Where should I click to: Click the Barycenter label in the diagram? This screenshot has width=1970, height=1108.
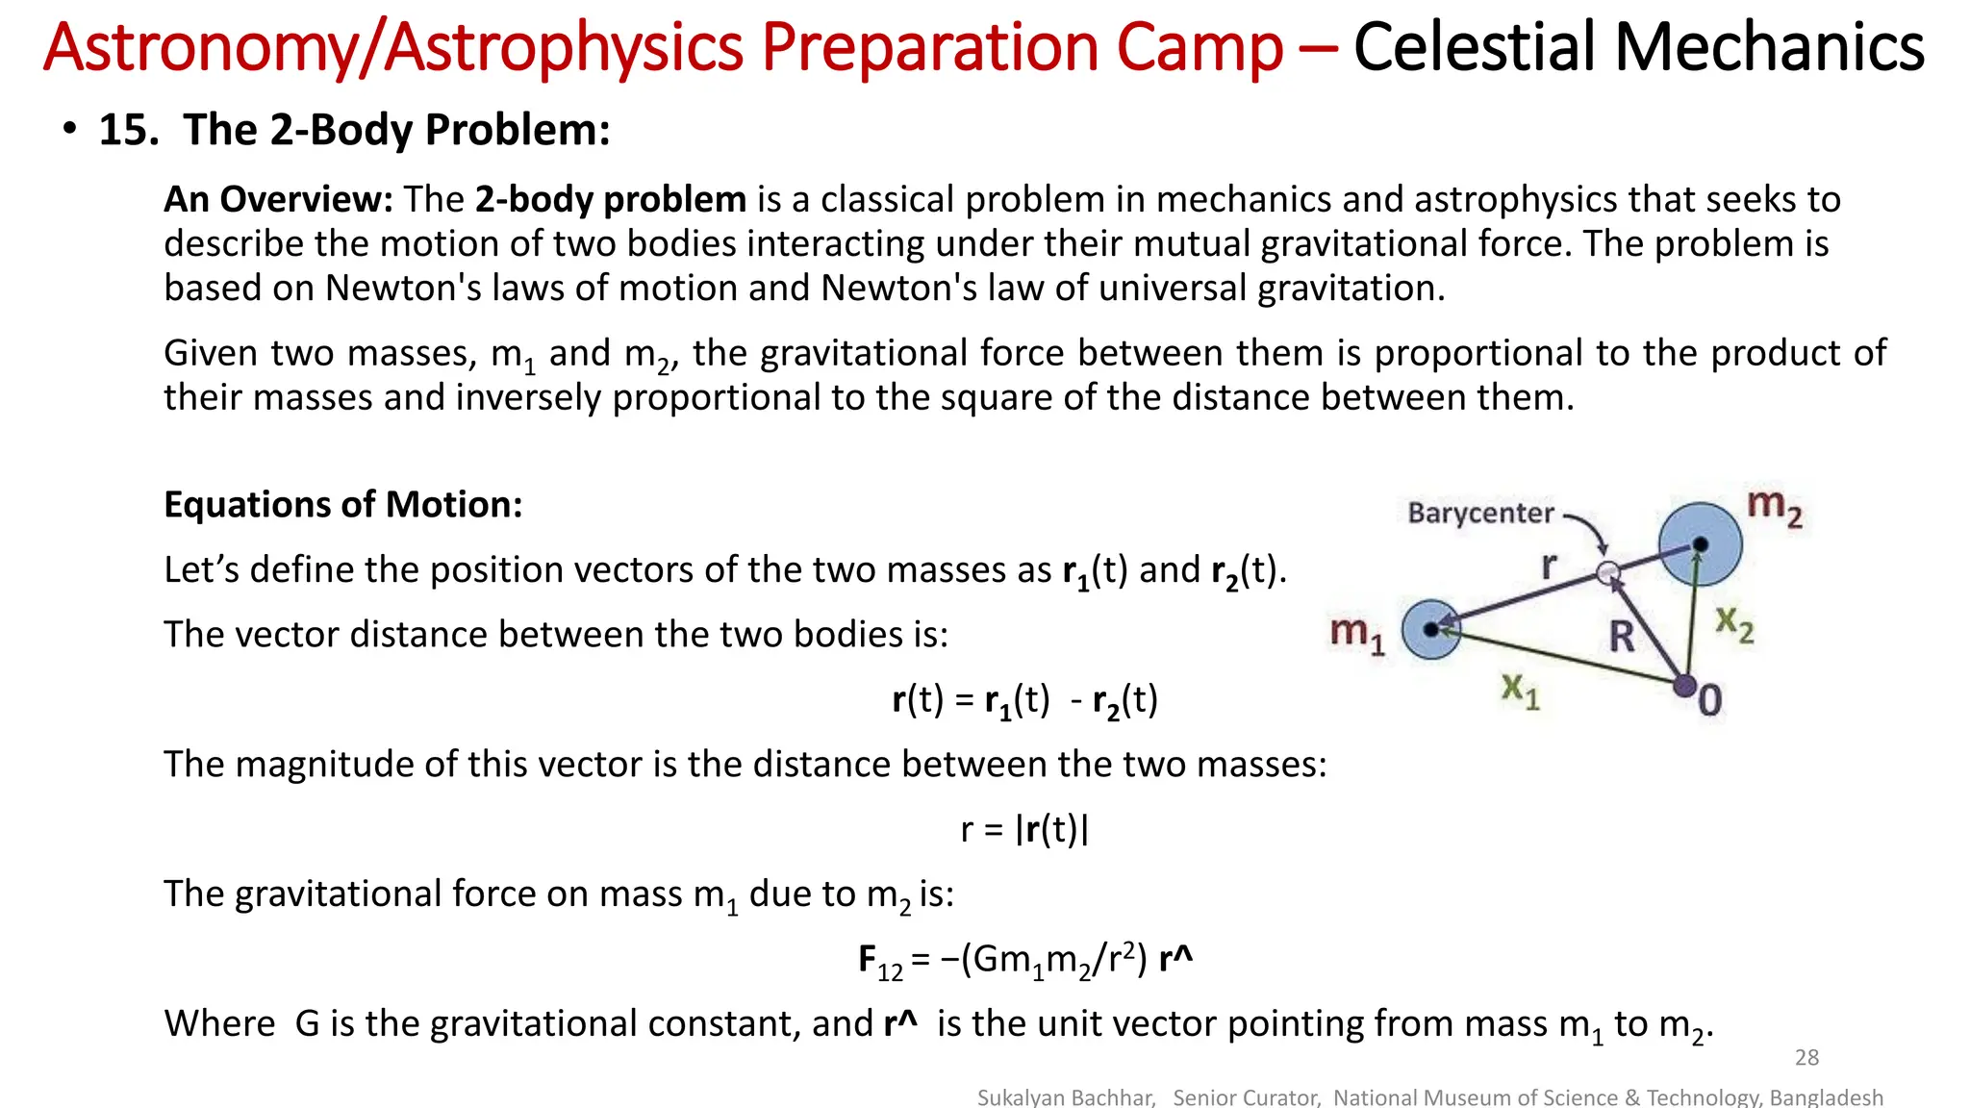coord(1480,513)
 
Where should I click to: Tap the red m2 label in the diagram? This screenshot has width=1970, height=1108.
coord(1774,507)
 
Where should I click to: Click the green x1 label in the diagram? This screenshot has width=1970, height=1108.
coord(1521,690)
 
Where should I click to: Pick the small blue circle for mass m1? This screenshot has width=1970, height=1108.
coord(1431,629)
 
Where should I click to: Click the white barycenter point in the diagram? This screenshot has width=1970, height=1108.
coord(1607,573)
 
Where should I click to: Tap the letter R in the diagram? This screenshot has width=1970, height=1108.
coord(1622,637)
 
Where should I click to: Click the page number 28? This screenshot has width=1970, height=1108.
coord(1806,1058)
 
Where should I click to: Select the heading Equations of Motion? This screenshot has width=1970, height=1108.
coord(343,505)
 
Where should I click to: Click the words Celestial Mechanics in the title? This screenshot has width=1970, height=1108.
coord(1638,47)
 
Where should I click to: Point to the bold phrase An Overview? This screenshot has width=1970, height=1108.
coord(278,199)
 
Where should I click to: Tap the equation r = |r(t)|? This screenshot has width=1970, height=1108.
coord(1024,829)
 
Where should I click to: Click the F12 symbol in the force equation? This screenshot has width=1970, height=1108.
coord(879,961)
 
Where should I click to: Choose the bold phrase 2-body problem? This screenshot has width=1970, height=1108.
coord(610,199)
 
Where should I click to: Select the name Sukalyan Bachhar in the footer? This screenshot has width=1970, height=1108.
coord(1066,1097)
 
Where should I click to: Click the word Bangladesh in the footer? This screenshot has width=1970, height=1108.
coord(1826,1097)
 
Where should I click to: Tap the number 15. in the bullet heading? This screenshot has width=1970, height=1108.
coord(129,130)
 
